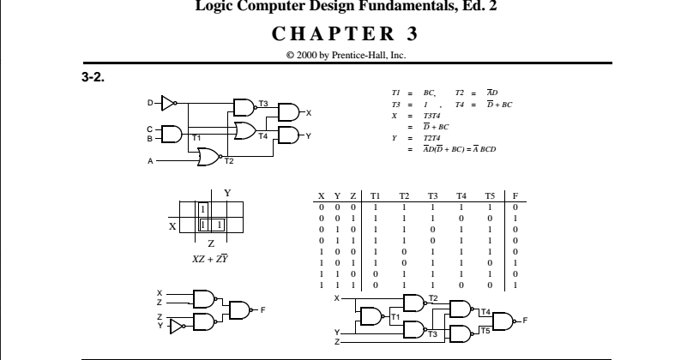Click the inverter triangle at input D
(167, 103)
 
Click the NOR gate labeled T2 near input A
(208, 156)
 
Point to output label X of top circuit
(309, 112)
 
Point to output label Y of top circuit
(309, 135)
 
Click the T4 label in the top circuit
(263, 135)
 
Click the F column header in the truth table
(515, 196)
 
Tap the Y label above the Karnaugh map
(227, 193)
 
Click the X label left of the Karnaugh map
(172, 226)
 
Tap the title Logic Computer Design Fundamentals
(342, 9)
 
